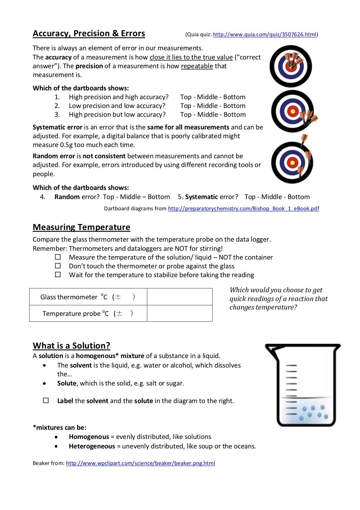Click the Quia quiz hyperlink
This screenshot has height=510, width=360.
(x=264, y=34)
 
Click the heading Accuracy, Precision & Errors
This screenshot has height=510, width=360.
(x=89, y=33)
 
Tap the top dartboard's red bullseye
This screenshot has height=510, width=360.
(x=291, y=66)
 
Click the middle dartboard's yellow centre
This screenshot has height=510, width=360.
(x=292, y=111)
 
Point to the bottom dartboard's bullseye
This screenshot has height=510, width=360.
(x=292, y=162)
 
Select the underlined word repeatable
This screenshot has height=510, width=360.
(x=197, y=66)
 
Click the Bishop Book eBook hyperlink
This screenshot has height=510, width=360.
(x=243, y=209)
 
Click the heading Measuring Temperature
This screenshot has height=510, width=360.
(x=81, y=227)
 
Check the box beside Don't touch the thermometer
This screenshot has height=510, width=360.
(x=58, y=266)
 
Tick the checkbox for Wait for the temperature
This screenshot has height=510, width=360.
(x=58, y=275)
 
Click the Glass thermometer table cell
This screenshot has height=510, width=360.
(x=88, y=297)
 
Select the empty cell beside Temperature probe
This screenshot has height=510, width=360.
(x=180, y=313)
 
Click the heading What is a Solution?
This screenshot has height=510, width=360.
(x=71, y=346)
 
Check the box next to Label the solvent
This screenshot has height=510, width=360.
(x=46, y=401)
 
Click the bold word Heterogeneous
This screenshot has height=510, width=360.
(x=92, y=446)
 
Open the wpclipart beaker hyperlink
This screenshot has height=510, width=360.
(x=140, y=463)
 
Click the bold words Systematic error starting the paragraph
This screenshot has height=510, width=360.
(x=57, y=127)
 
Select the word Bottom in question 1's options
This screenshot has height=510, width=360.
(x=234, y=97)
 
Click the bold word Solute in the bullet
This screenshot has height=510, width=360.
(x=67, y=383)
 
